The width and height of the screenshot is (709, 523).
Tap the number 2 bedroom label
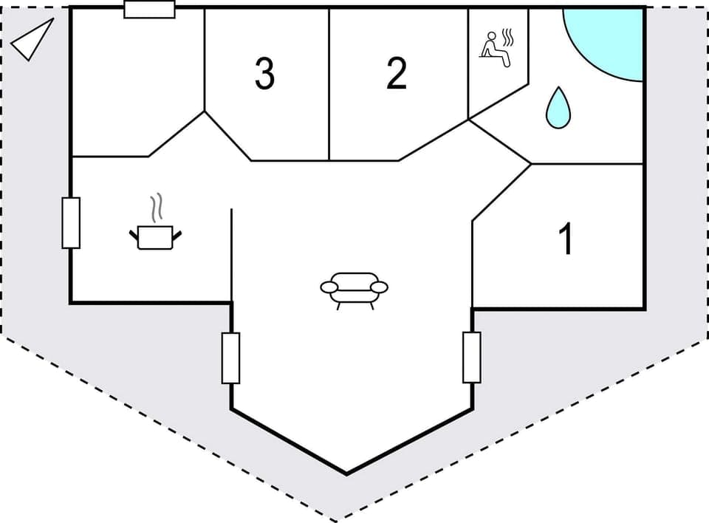pyautogui.click(x=397, y=74)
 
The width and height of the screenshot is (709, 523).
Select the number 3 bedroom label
pyautogui.click(x=264, y=74)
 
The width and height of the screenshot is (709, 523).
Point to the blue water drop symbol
pyautogui.click(x=558, y=108)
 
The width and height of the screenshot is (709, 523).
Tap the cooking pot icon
pyautogui.click(x=155, y=236)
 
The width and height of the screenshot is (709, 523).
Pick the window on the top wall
pyautogui.click(x=149, y=9)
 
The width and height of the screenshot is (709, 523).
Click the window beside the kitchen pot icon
pyautogui.click(x=71, y=222)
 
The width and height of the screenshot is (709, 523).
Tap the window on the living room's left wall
pyautogui.click(x=231, y=358)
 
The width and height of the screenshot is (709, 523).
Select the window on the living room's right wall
pyautogui.click(x=472, y=358)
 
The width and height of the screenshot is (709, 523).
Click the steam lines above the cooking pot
pyautogui.click(x=155, y=208)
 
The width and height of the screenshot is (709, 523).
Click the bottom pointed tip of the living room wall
pyautogui.click(x=346, y=473)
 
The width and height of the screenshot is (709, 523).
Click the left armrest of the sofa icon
pyautogui.click(x=329, y=287)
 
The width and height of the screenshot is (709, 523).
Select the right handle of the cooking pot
pyautogui.click(x=177, y=234)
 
